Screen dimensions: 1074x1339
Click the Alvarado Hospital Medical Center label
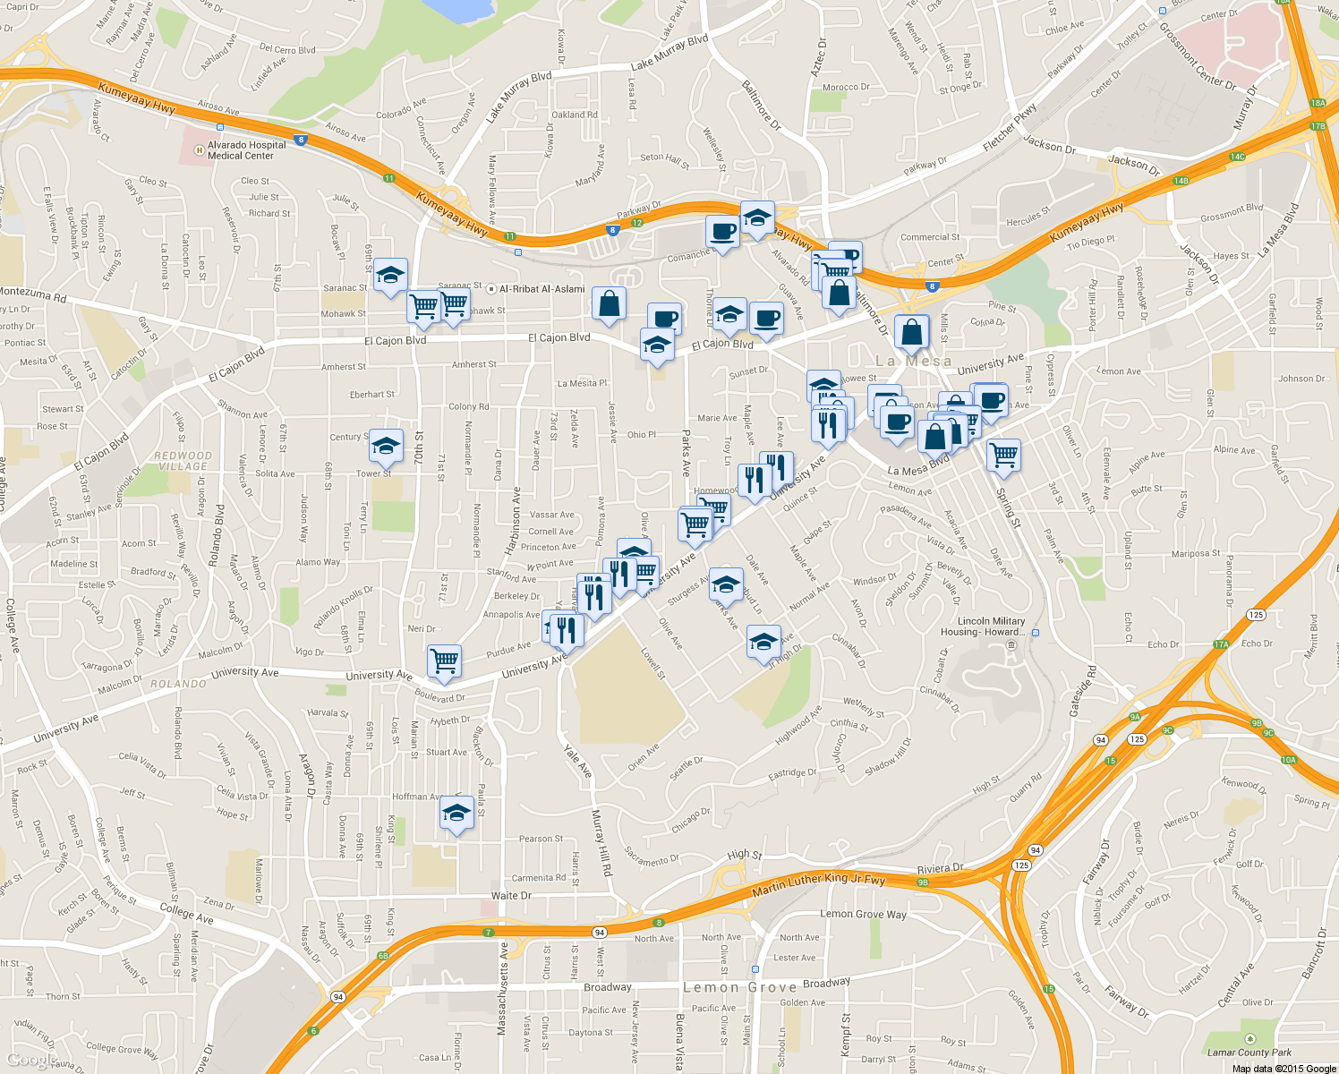pyautogui.click(x=247, y=150)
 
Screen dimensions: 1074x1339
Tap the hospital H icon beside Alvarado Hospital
pyautogui.click(x=198, y=150)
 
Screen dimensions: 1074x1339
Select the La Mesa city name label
pyautogui.click(x=913, y=362)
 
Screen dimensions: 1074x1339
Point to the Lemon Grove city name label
pyautogui.click(x=739, y=987)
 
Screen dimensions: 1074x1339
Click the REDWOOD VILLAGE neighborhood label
pyautogui.click(x=183, y=461)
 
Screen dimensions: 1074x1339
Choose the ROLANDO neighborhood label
pyautogui.click(x=178, y=684)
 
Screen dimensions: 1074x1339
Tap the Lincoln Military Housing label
pyautogui.click(x=991, y=626)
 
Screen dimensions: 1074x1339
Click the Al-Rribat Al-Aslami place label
pyautogui.click(x=542, y=289)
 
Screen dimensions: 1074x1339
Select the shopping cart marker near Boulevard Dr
pyautogui.click(x=444, y=661)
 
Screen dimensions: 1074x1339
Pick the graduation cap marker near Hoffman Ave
pyautogui.click(x=456, y=814)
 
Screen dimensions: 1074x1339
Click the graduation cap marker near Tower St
pyautogui.click(x=387, y=446)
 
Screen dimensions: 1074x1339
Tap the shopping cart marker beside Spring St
pyautogui.click(x=1004, y=455)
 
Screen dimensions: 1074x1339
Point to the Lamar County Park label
pyautogui.click(x=1249, y=1053)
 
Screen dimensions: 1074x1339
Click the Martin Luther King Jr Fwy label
pyautogui.click(x=818, y=885)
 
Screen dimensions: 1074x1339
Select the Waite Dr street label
pyautogui.click(x=511, y=895)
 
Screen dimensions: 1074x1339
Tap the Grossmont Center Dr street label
pyautogui.click(x=1197, y=56)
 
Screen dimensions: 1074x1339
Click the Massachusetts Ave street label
pyautogui.click(x=502, y=989)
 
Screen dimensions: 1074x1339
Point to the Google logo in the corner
pyautogui.click(x=32, y=1061)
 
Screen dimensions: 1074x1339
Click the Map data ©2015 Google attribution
pyautogui.click(x=1284, y=1069)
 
